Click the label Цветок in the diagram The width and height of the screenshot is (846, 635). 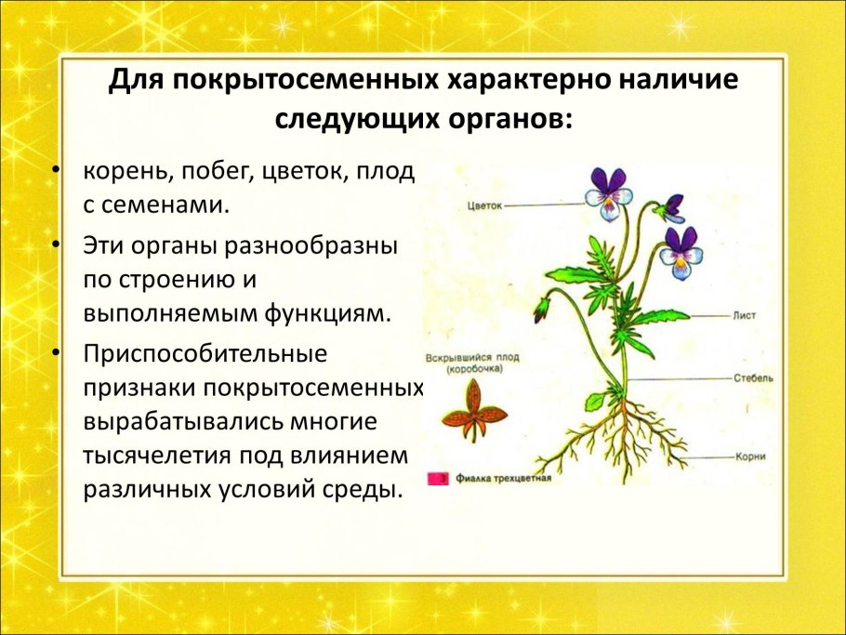tap(483, 205)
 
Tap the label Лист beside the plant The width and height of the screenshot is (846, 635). tap(744, 316)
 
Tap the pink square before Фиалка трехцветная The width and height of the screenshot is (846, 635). tap(434, 480)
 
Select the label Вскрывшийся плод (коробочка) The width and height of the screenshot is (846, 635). tap(471, 363)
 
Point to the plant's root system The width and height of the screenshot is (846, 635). tap(614, 437)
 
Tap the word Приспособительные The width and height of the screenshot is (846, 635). tap(205, 354)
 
